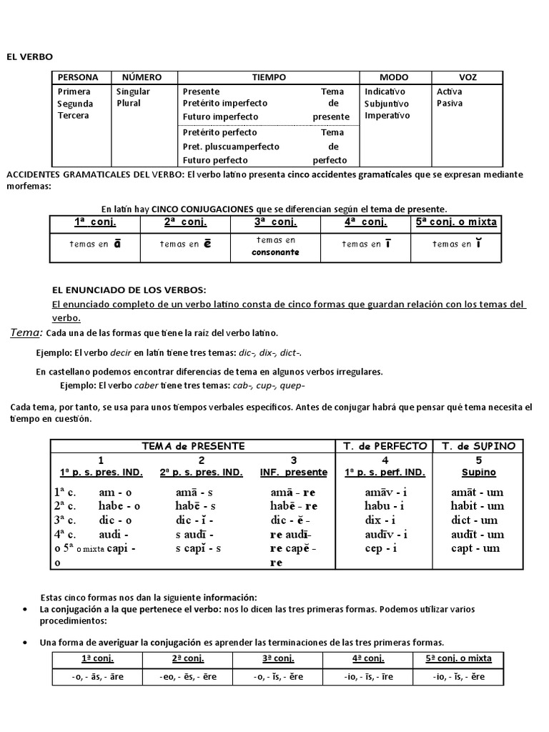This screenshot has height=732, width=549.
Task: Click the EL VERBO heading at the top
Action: tap(30, 56)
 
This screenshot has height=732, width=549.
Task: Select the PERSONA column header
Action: tap(78, 77)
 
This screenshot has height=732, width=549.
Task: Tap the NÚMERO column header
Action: tap(142, 77)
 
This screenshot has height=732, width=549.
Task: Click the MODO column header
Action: tap(394, 77)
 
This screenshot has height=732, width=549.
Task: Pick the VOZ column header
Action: tap(468, 77)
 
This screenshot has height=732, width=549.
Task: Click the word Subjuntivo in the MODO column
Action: tap(387, 104)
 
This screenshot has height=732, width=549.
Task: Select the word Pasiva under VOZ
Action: tap(450, 104)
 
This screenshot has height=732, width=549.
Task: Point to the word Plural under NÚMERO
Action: tap(129, 104)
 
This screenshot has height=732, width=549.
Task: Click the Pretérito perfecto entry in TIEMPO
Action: tap(220, 133)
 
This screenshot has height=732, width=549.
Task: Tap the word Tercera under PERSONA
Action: tap(74, 116)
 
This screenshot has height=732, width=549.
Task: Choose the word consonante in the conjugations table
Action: tap(275, 252)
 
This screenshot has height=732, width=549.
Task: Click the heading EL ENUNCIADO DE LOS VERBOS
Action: tap(129, 290)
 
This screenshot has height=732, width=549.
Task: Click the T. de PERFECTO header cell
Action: tap(385, 446)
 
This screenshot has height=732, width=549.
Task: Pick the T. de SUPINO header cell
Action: tap(478, 446)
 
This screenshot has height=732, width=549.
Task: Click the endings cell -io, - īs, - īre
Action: tap(369, 676)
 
